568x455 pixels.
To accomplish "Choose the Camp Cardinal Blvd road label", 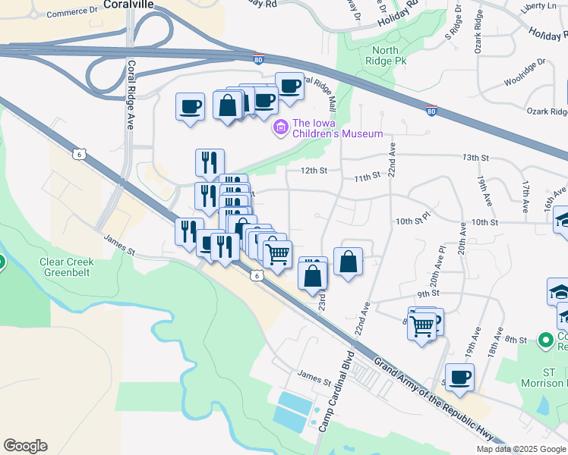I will (336, 391).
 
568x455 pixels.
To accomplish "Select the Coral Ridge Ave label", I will (131, 95).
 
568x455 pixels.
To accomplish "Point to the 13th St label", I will (475, 158).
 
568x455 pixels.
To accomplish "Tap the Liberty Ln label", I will (540, 5).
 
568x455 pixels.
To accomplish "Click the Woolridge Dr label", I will (525, 73).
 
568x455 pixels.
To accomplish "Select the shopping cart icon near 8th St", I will (421, 325).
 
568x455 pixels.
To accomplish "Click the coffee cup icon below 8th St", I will (459, 377).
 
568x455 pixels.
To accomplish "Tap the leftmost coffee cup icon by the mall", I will (190, 106).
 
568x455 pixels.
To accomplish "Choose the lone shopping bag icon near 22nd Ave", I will (348, 262).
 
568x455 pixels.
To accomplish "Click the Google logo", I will (25, 446).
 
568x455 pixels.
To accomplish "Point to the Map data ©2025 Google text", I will (521, 449).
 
